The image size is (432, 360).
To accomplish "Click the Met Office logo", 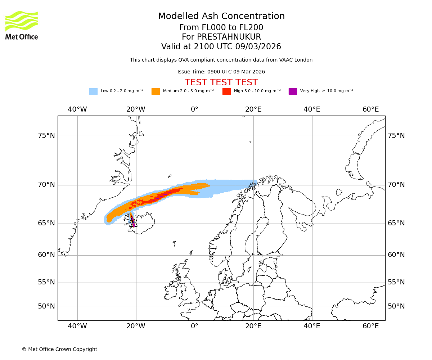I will coord(22,25).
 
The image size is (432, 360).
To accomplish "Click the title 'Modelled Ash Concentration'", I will coord(221,17).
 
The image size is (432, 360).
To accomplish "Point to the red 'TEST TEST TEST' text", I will coord(221,82).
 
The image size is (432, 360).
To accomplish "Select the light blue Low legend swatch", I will coord(93,91).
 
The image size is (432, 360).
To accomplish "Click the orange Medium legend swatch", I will coord(156,91).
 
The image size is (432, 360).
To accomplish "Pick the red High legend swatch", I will coord(226,91).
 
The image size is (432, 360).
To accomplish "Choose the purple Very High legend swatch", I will coord(293,91).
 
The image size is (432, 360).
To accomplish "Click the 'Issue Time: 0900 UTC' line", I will coord(221,72).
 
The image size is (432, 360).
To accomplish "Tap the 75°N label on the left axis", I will coord(46,136).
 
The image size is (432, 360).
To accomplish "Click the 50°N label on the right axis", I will coord(396,306).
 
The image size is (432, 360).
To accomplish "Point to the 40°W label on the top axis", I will coord(77,109).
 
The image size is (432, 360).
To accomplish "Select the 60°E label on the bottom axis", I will coord(371,326).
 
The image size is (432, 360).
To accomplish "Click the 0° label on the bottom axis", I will coord(195,326).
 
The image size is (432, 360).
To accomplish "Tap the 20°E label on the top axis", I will coord(253,109).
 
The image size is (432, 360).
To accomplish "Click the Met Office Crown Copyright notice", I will coord(59,349).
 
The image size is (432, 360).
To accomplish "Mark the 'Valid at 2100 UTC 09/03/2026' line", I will coord(221,47).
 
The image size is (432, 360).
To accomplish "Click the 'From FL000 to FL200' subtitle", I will coord(221,28).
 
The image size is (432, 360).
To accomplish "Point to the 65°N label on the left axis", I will coord(46,223).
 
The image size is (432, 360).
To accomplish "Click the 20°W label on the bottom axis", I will coord(136,326).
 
